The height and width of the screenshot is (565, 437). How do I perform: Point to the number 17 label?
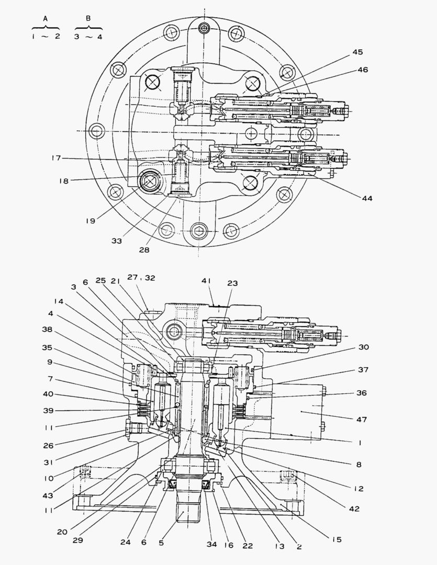(57, 158)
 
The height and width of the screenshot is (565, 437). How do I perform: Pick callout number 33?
(116, 241)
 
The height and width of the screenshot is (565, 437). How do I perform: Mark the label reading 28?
(144, 250)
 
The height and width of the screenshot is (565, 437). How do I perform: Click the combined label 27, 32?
(142, 278)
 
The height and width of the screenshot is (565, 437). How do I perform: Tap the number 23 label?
(232, 283)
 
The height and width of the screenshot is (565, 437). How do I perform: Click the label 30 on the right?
(364, 347)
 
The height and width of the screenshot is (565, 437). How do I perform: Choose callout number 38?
(48, 330)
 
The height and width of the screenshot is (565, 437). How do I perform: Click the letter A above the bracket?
(45, 18)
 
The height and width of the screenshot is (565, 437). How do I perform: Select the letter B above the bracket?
(88, 18)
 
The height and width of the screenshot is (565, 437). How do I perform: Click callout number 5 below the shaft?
(161, 543)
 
